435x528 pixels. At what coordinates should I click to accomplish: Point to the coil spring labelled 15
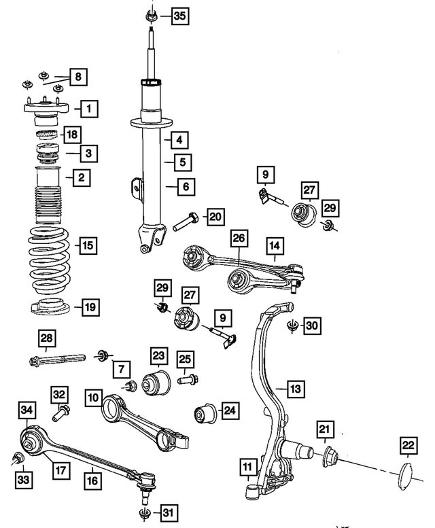(50, 262)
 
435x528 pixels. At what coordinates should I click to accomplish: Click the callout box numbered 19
(90, 306)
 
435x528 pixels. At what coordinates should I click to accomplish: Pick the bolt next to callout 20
(186, 219)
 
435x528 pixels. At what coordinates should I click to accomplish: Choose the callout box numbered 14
(274, 245)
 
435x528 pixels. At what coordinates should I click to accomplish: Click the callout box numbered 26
(238, 239)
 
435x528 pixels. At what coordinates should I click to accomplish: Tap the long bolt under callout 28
(54, 357)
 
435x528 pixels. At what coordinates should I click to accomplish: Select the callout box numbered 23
(158, 356)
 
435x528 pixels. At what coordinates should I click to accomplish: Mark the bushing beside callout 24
(205, 412)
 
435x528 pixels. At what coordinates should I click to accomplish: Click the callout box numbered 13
(294, 389)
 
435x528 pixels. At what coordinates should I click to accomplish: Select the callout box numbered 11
(247, 466)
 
